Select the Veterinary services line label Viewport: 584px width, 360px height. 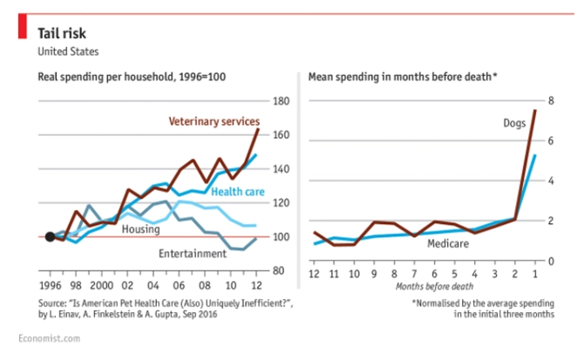[x=214, y=120]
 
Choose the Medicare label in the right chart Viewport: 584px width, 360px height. [x=448, y=243]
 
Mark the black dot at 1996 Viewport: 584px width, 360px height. [x=50, y=237]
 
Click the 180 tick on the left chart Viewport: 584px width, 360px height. [x=282, y=101]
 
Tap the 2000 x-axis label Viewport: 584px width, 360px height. [x=102, y=285]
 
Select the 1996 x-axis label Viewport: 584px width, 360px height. [x=50, y=285]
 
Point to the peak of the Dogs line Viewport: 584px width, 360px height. [x=535, y=111]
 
